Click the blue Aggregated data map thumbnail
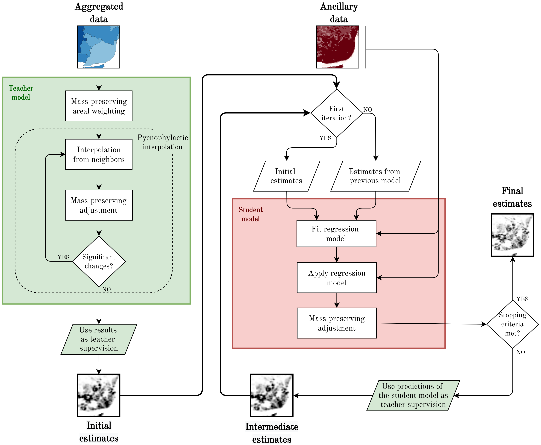click(99, 47)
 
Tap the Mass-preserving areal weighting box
click(99, 106)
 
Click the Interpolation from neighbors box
click(99, 154)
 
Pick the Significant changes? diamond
click(99, 261)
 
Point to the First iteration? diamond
click(337, 113)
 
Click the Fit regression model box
click(337, 233)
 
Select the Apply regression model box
click(337, 278)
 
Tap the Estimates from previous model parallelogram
click(376, 176)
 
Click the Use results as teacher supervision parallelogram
click(99, 339)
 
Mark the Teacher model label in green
click(21, 93)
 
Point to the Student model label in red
click(251, 214)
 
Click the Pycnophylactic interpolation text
click(163, 142)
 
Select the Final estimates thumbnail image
click(513, 235)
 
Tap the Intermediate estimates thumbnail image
click(272, 395)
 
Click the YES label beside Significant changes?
click(64, 257)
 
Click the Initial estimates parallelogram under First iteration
click(287, 176)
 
